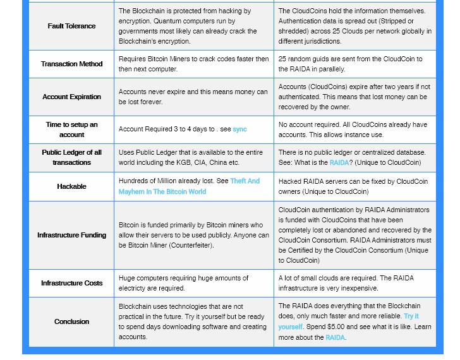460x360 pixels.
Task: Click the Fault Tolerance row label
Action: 71,26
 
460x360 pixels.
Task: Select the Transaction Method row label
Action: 71,64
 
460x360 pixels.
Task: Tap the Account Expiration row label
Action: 71,97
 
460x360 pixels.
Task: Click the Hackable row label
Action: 71,186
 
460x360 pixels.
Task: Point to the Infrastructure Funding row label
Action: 71,235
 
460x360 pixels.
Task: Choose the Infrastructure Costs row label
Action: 71,283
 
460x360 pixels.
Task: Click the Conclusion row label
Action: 71,321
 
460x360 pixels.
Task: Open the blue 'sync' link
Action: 239,129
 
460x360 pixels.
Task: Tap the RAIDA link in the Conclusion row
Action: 335,337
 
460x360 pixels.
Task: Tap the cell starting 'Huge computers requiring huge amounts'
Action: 193,283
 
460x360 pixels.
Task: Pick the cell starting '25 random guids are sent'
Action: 354,64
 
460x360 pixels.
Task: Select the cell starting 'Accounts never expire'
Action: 193,97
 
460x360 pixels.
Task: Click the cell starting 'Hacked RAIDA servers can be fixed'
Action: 354,186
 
